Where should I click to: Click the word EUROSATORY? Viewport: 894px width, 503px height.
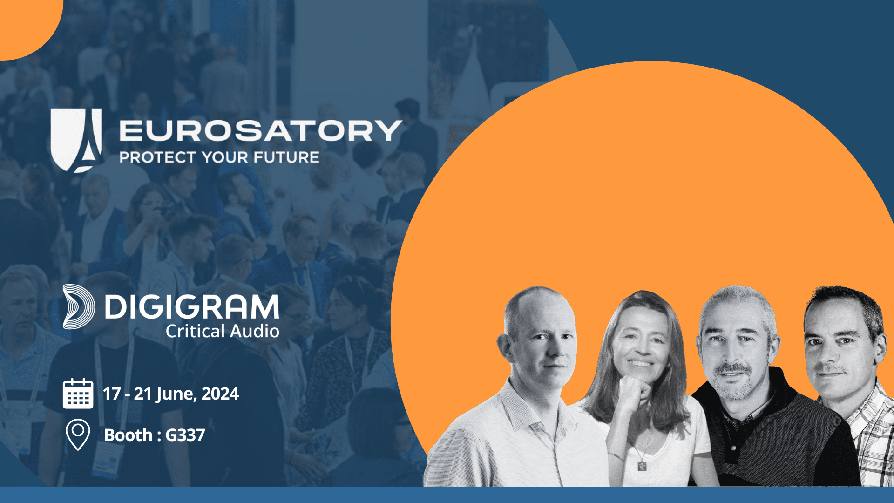point(261,130)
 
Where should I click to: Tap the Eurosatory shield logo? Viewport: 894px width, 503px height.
point(76,140)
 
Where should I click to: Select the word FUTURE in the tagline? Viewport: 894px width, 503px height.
point(286,157)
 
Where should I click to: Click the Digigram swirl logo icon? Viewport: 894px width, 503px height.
point(78,306)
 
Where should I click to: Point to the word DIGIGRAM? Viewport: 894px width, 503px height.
point(192,306)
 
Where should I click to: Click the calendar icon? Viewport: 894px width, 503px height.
point(78,394)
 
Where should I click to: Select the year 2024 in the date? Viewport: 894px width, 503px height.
point(220,394)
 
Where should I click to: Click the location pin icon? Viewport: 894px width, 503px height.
point(78,435)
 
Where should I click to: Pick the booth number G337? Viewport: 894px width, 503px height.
point(185,435)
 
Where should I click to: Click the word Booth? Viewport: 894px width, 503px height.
point(128,435)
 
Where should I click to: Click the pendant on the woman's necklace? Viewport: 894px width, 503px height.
point(642,465)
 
